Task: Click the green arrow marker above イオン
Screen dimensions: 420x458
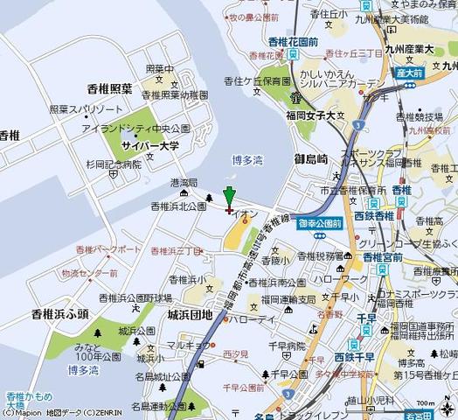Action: [x=229, y=198]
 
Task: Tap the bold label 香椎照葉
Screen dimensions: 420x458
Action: [x=109, y=88]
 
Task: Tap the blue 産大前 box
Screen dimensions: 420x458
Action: [x=408, y=73]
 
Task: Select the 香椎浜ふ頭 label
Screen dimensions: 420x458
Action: [x=59, y=313]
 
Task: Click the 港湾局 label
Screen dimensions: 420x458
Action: [x=183, y=183]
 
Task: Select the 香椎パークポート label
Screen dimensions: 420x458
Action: [x=109, y=249]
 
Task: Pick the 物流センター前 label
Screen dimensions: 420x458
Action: [x=89, y=273]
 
